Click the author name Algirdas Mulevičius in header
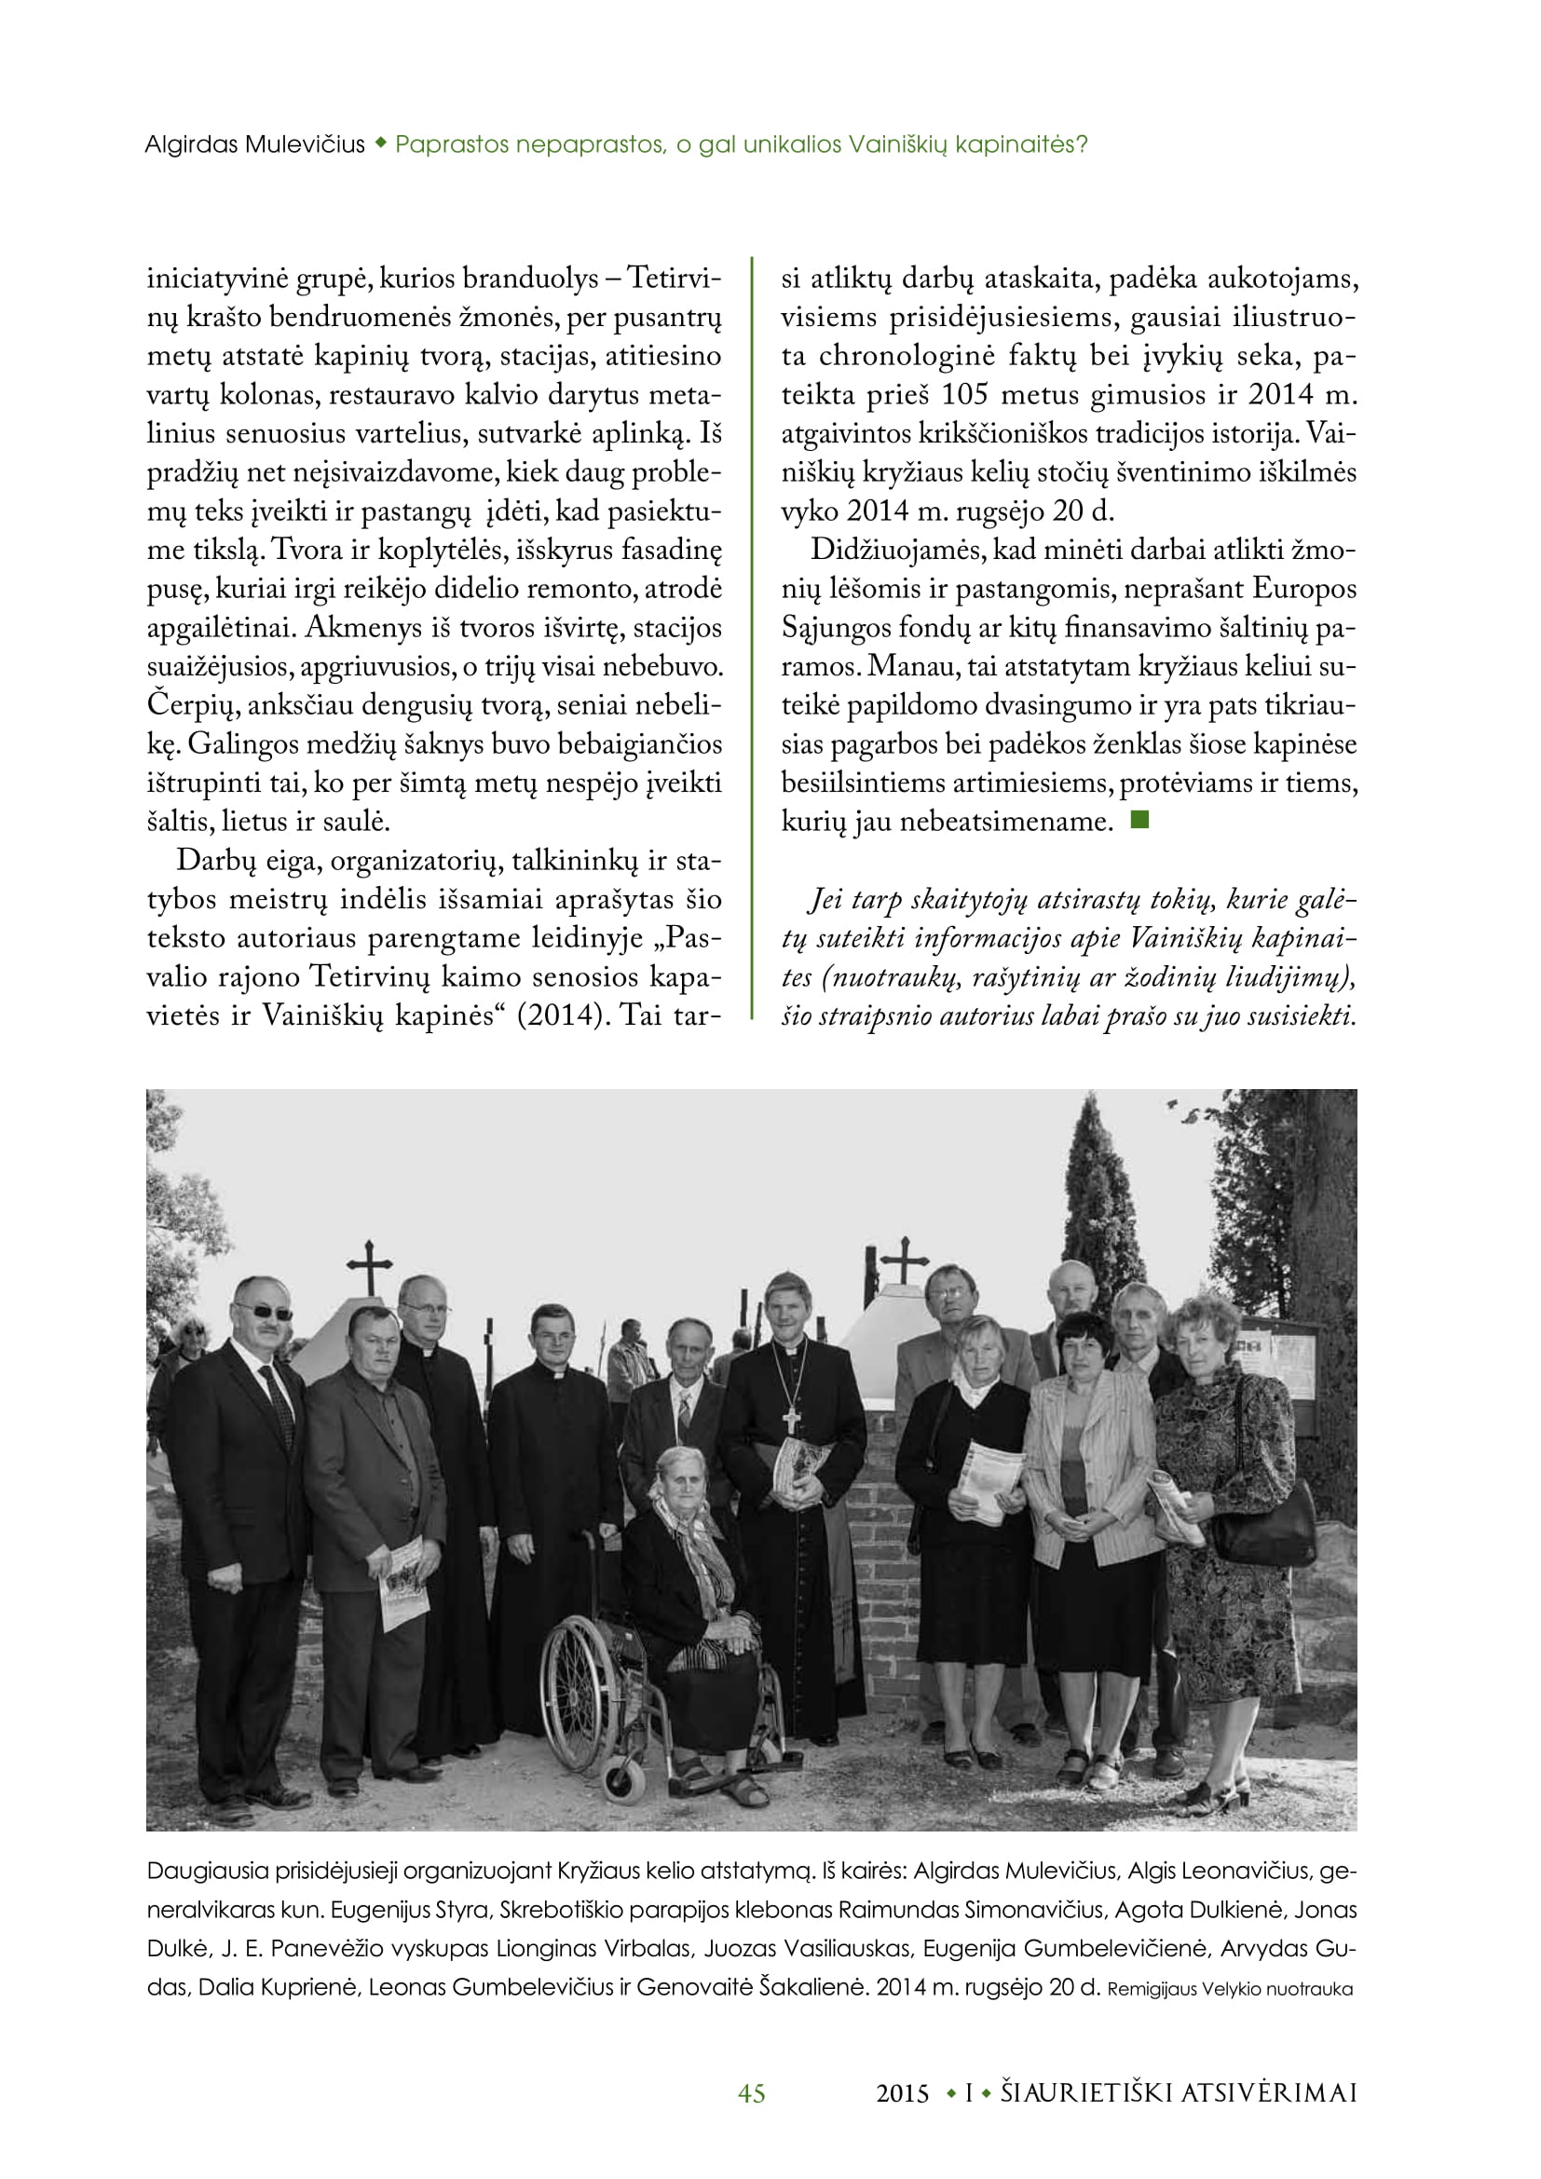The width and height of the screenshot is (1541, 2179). click(254, 145)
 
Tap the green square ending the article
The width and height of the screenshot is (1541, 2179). click(1139, 820)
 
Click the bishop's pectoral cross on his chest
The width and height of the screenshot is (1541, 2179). click(791, 1420)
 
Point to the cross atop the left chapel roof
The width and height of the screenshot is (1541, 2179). click(369, 1266)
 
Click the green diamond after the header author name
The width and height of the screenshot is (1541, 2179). click(380, 143)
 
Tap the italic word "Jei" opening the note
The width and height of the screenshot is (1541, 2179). click(825, 899)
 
